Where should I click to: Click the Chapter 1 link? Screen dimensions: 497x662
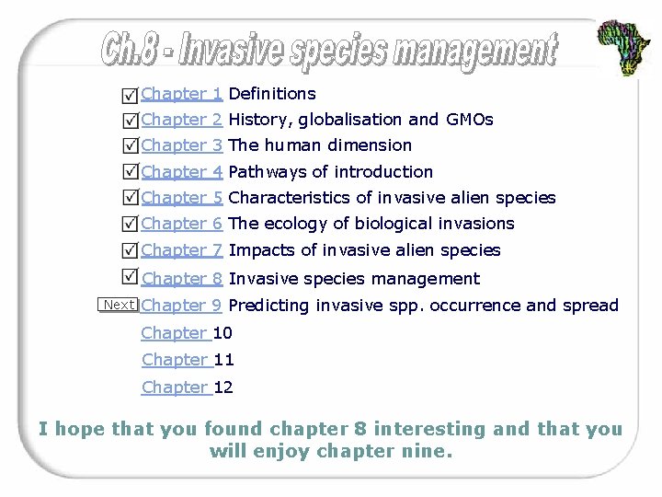pos(182,94)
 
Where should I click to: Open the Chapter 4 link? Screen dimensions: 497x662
pos(182,172)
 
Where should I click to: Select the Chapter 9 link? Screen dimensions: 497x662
pos(182,306)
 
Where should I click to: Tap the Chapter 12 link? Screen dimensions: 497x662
pos(187,387)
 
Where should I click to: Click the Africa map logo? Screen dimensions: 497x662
pos(624,45)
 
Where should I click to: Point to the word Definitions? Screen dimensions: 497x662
pos(272,94)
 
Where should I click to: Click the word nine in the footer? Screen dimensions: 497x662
pos(429,452)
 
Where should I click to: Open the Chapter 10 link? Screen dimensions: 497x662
pos(187,333)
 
